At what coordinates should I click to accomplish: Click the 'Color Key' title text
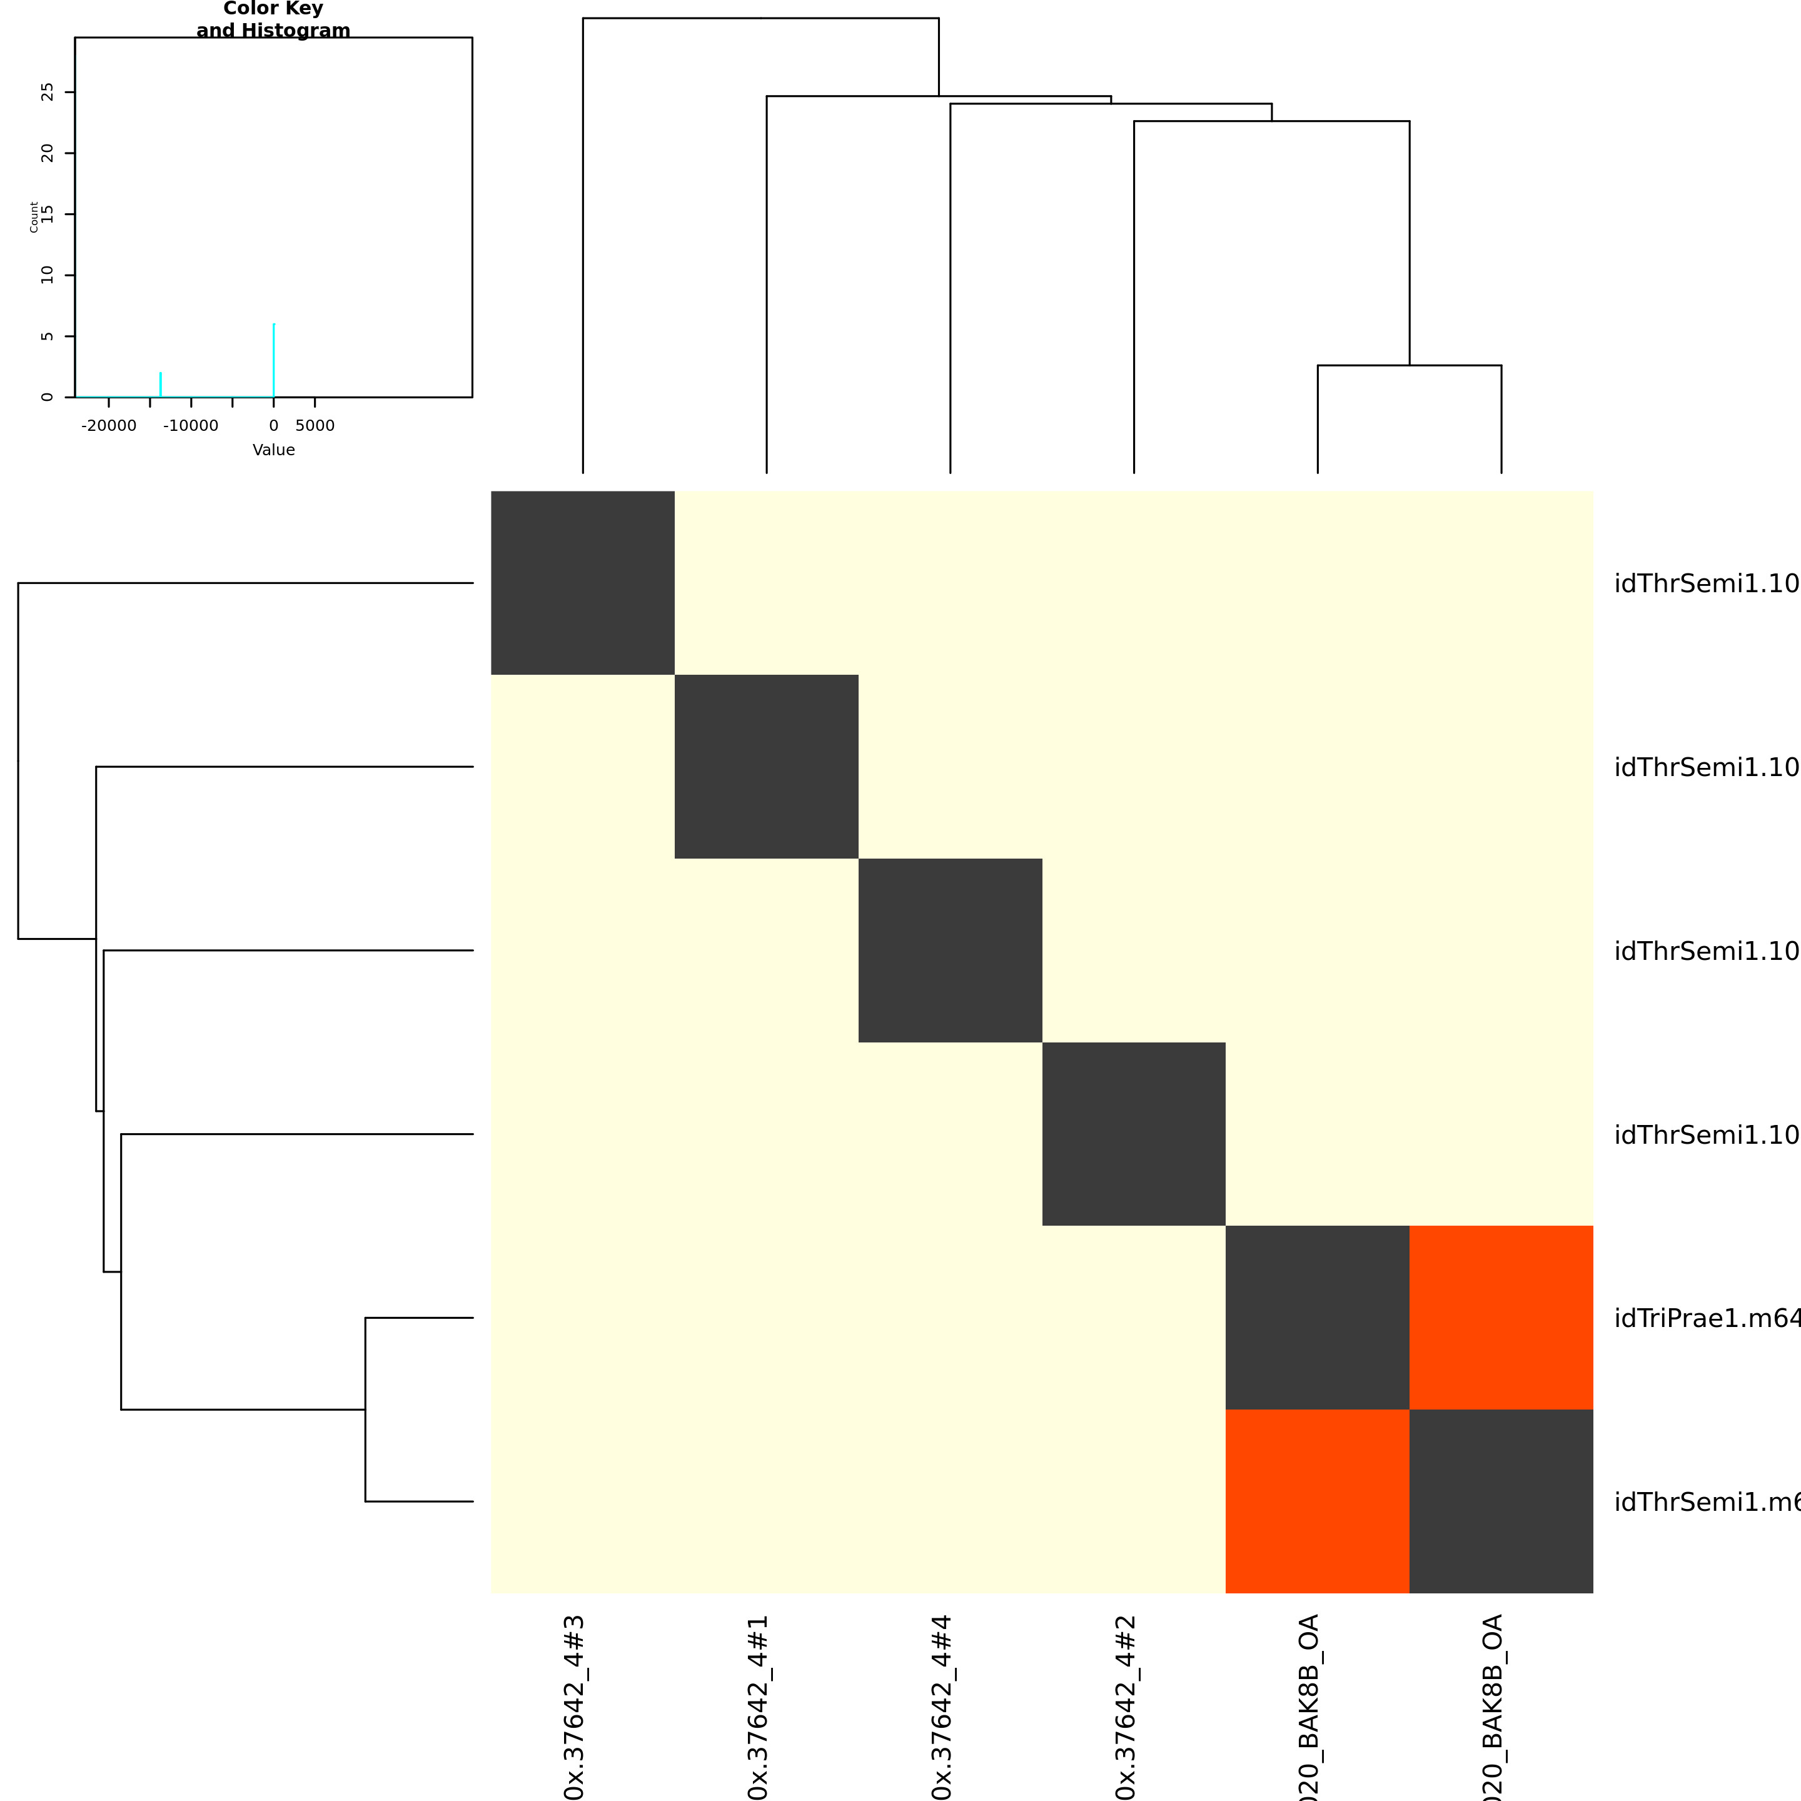pos(273,9)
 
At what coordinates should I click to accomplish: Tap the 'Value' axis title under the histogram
pos(273,450)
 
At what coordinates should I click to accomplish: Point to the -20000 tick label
pos(109,426)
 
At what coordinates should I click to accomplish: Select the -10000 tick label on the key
pos(191,426)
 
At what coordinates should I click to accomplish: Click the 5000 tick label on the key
pos(315,426)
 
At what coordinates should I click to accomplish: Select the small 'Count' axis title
pos(34,216)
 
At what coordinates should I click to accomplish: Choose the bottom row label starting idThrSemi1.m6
pos(1706,1501)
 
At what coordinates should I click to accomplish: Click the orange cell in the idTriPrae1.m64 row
pos(1501,1317)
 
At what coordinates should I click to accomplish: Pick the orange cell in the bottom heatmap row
pos(1317,1501)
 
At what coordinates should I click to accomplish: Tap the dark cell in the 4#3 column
pos(583,583)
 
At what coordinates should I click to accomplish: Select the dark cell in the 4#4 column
pos(950,950)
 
